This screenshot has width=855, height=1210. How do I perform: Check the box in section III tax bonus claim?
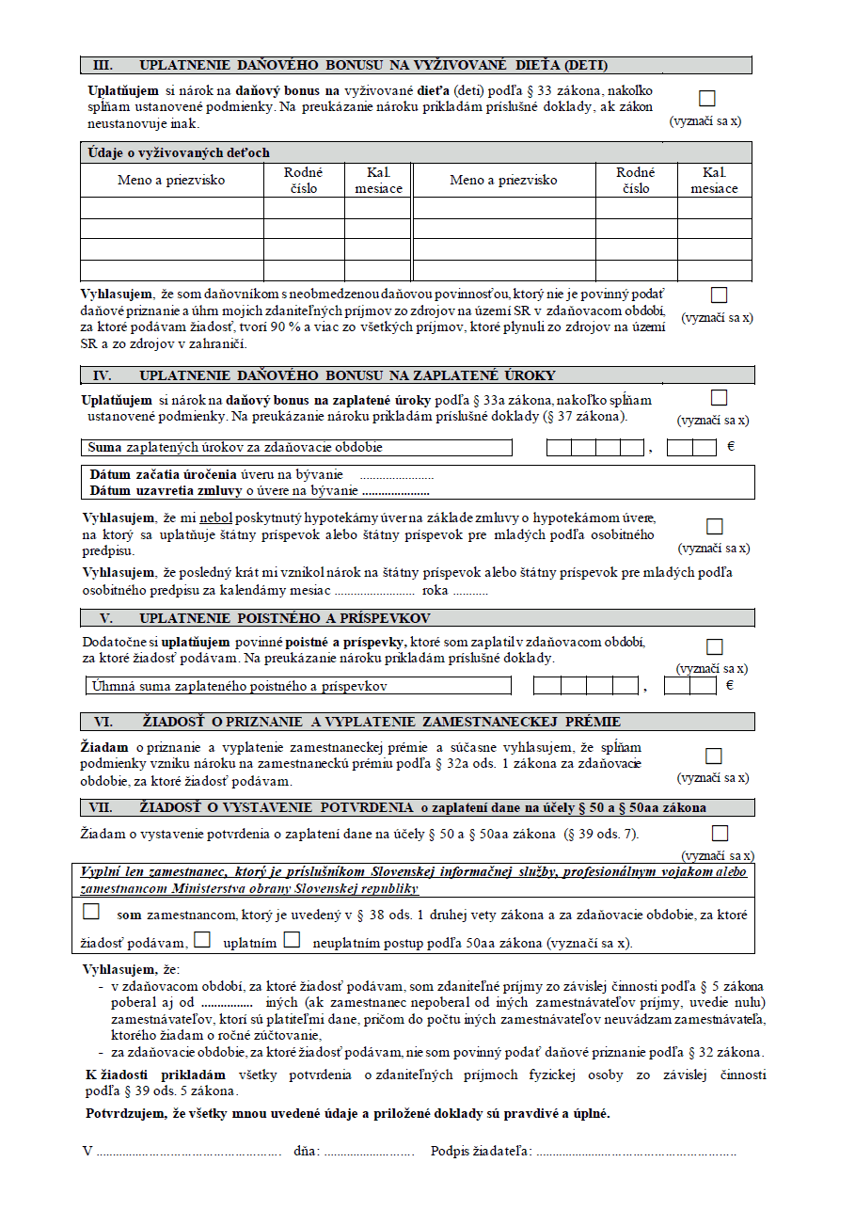[x=707, y=99]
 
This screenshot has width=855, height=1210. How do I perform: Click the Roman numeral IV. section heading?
[x=103, y=375]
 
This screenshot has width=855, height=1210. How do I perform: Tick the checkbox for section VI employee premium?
[x=714, y=756]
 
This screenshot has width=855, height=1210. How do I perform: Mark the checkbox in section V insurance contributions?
[x=715, y=646]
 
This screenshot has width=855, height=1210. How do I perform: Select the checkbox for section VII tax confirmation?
[x=720, y=833]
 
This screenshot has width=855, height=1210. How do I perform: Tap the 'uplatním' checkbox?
[x=201, y=940]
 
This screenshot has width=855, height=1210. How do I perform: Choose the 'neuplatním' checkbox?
[x=292, y=940]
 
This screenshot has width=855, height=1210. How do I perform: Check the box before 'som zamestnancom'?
[x=91, y=912]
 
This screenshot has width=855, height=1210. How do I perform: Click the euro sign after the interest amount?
[x=731, y=446]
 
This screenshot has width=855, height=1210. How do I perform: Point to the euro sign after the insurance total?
[x=730, y=685]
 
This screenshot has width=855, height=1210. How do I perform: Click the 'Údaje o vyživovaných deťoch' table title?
[x=179, y=152]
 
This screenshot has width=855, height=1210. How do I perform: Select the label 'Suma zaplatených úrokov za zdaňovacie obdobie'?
[x=235, y=447]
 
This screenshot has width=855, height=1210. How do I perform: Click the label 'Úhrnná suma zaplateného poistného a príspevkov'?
[x=239, y=686]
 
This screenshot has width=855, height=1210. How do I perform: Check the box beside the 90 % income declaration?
[x=720, y=295]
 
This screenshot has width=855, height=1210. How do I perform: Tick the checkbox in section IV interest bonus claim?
[x=720, y=398]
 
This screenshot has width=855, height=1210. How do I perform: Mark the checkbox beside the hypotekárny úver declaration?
[x=715, y=526]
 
